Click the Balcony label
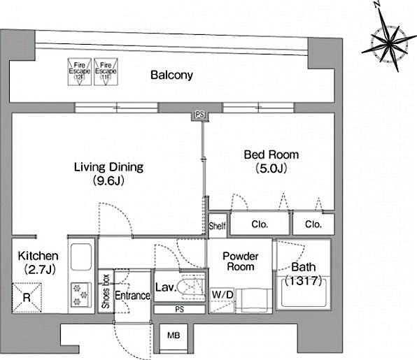point(171,75)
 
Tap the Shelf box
point(217,225)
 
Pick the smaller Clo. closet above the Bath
point(313,225)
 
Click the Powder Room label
point(240,261)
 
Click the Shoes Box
point(105,291)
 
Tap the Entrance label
point(132,296)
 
